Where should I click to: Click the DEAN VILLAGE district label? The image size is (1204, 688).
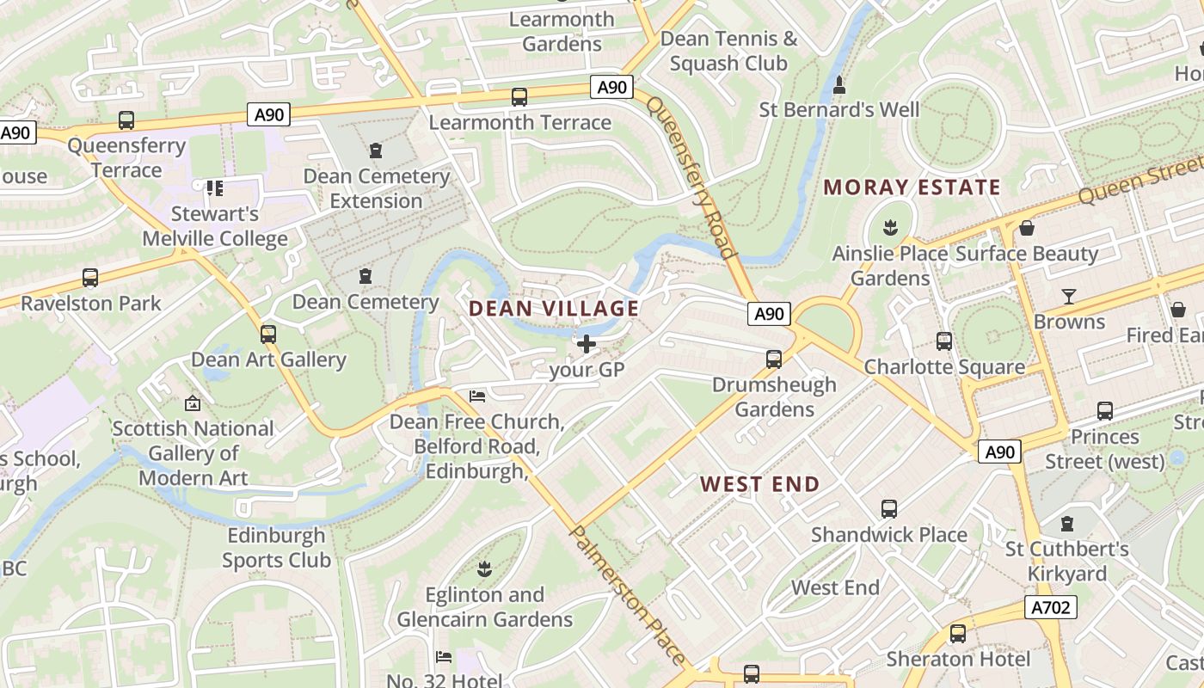click(554, 309)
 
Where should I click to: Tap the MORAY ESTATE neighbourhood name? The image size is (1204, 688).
click(912, 187)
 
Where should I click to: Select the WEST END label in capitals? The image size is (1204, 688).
click(759, 484)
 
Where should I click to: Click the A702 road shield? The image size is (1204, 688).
click(1051, 608)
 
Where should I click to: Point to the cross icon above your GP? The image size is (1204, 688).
click(587, 345)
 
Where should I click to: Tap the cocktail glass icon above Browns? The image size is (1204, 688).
click(1069, 297)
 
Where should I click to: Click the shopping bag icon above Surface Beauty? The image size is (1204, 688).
click(1026, 228)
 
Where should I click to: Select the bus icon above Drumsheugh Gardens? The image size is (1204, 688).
click(774, 359)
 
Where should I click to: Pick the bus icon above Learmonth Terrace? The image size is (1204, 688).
click(519, 97)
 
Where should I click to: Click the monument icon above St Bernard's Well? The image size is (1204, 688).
click(839, 85)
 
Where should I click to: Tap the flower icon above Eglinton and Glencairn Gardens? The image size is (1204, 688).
click(484, 569)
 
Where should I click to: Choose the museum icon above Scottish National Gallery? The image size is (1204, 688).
click(193, 402)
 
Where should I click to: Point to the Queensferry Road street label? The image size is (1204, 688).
click(691, 177)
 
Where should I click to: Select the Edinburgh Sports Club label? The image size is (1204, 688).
click(276, 548)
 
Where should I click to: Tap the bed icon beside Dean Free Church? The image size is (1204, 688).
click(477, 396)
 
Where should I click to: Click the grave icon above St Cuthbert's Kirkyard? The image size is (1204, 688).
click(1067, 524)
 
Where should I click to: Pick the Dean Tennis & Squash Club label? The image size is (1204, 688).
click(728, 51)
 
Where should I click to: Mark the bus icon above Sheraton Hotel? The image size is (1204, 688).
click(957, 635)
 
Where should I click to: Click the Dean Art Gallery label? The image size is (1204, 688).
click(268, 359)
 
